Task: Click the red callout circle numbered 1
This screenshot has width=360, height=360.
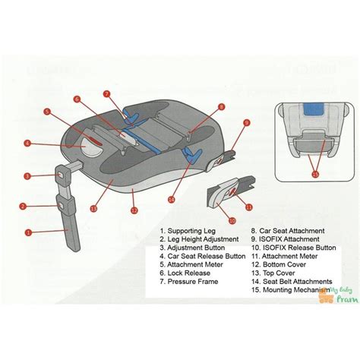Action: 28,233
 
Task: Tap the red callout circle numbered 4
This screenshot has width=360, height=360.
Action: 27,143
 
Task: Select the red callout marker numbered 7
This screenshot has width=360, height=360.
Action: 106,94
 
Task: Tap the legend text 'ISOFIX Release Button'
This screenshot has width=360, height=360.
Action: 293,248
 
